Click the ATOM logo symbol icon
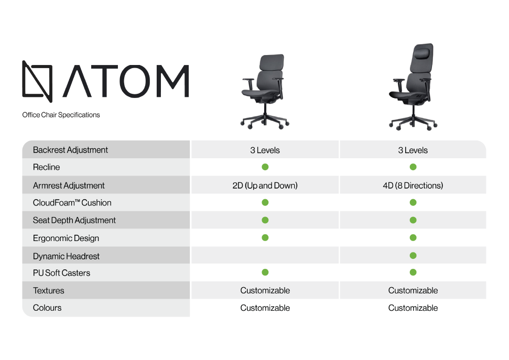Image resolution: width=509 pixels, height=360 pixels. coord(37,81)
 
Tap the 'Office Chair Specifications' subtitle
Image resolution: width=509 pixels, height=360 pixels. coord(61,115)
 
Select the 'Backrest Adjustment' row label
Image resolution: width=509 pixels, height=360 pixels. coord(70,150)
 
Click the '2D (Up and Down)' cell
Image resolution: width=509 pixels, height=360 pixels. coord(265,186)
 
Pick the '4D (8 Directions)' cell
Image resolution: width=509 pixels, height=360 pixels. coord(413,186)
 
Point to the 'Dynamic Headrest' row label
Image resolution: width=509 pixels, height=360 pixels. coord(66,256)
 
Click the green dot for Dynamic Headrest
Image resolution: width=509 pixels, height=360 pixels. coord(413,256)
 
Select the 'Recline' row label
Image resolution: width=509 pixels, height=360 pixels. coord(47,167)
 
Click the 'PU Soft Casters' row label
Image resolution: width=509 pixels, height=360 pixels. coord(61,273)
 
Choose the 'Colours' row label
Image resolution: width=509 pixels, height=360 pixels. coord(47,308)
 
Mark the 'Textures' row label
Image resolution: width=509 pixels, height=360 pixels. coord(48,290)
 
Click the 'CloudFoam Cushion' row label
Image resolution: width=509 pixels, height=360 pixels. coord(72,203)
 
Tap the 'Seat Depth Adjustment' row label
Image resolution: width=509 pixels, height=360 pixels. coord(74,220)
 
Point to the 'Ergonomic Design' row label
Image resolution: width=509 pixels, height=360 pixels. coord(66,238)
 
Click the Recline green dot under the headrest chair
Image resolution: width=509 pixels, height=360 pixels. coord(413,167)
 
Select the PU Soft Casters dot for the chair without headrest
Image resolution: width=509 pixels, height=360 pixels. coord(265,272)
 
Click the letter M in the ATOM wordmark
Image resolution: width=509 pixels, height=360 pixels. coord(172,81)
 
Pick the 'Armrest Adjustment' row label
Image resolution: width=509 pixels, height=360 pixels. coord(69,186)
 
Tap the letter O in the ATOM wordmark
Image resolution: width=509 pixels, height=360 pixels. coord(134,81)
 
